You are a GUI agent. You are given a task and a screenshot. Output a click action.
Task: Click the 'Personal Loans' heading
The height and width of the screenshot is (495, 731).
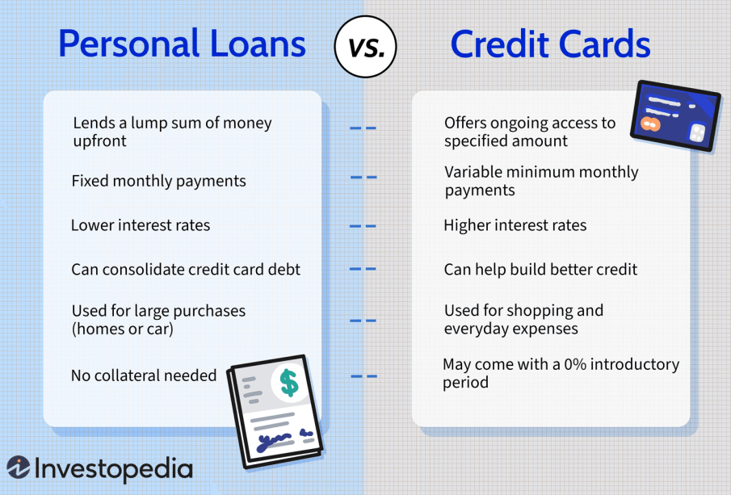tap(182, 44)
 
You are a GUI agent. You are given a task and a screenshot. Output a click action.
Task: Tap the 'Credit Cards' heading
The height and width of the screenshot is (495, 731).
tap(550, 44)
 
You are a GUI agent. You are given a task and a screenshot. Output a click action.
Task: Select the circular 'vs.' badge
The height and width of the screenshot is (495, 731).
tap(365, 47)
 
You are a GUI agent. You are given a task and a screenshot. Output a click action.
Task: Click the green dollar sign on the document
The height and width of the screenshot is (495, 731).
tap(289, 383)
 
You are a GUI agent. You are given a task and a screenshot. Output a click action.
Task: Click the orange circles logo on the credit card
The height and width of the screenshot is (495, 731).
tap(650, 124)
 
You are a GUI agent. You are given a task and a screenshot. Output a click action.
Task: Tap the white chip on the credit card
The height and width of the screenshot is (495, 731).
tap(696, 133)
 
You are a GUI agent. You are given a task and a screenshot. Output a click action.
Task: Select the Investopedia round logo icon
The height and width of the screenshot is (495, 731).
tap(19, 467)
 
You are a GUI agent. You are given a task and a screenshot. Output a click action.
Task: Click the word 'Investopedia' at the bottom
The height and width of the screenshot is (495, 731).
tap(114, 469)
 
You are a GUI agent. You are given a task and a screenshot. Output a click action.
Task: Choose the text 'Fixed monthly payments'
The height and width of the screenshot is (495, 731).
tap(158, 181)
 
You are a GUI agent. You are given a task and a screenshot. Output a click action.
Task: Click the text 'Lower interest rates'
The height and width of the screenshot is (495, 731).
tap(141, 225)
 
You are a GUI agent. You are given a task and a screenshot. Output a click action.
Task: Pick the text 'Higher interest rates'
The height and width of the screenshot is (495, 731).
tap(515, 225)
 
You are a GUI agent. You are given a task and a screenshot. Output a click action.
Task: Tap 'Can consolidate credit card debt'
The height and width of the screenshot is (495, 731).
tap(186, 270)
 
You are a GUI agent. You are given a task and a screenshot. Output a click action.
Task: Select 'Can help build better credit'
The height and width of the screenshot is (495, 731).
tap(540, 270)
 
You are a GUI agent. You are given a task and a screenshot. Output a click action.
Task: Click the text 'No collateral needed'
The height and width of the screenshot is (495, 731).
tap(144, 375)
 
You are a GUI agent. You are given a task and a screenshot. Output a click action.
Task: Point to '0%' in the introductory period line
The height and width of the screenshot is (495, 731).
tap(575, 364)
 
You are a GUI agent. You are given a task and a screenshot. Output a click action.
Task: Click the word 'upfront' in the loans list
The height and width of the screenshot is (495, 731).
tap(100, 141)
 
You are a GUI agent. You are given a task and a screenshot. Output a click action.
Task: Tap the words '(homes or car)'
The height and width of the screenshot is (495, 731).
tap(123, 329)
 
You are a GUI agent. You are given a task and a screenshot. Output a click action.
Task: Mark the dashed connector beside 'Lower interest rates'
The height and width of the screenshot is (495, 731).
tap(363, 226)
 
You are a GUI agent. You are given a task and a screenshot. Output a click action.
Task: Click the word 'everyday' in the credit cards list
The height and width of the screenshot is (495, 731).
tap(476, 329)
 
